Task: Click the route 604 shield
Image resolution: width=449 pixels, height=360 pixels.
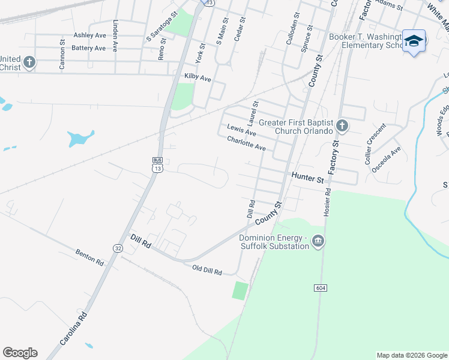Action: coord(320,289)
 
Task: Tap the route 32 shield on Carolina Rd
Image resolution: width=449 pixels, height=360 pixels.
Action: coord(118,247)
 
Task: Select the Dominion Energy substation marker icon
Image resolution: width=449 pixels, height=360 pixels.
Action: coord(318,242)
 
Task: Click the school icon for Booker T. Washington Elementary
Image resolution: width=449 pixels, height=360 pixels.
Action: coord(414,41)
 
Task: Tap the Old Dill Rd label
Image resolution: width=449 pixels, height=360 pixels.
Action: coord(207,270)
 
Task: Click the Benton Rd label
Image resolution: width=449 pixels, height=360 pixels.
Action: coord(90,257)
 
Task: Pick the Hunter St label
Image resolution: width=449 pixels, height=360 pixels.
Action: coord(307,177)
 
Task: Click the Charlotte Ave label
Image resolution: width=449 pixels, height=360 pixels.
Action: coord(246,143)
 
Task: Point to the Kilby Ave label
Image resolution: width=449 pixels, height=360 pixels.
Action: coord(198,78)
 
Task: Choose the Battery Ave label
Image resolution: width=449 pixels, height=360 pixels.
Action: coord(88,48)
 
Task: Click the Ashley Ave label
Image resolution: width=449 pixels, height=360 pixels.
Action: coord(89,35)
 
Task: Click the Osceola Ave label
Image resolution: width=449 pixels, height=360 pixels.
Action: coord(386,160)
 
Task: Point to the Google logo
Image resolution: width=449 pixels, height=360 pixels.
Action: coord(20,353)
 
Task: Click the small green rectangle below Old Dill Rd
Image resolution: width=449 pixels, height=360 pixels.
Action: coord(240,290)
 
